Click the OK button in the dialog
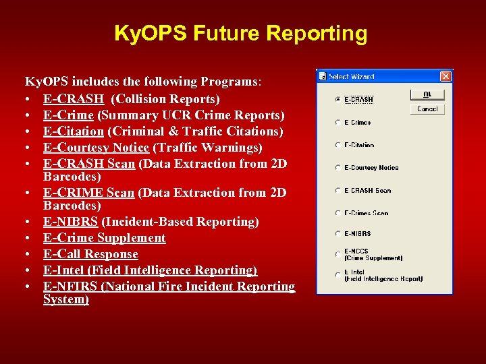(x=427, y=95)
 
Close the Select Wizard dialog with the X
(x=445, y=76)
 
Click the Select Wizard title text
(x=352, y=76)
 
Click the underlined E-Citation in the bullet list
(x=73, y=131)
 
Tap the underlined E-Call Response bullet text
(x=90, y=254)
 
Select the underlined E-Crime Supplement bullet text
(x=104, y=238)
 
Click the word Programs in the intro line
(x=230, y=82)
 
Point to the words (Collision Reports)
(x=165, y=99)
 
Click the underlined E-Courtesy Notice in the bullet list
(x=95, y=148)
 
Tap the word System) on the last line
(x=65, y=299)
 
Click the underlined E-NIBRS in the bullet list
(x=70, y=222)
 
